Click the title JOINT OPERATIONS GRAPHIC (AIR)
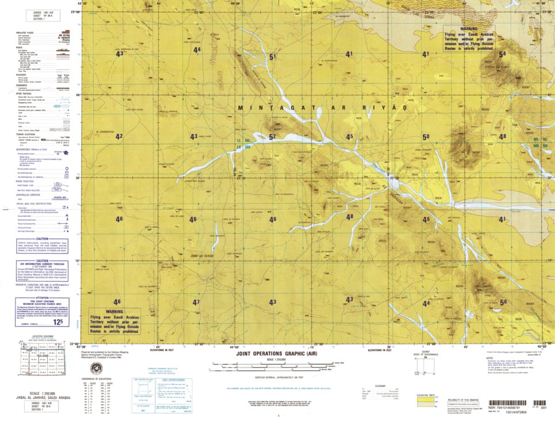(276, 354)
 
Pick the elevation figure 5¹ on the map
(272, 56)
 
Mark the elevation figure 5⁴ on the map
(503, 55)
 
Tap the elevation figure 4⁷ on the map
(196, 302)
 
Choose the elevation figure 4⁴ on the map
(197, 50)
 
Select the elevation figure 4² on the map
(119, 136)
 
